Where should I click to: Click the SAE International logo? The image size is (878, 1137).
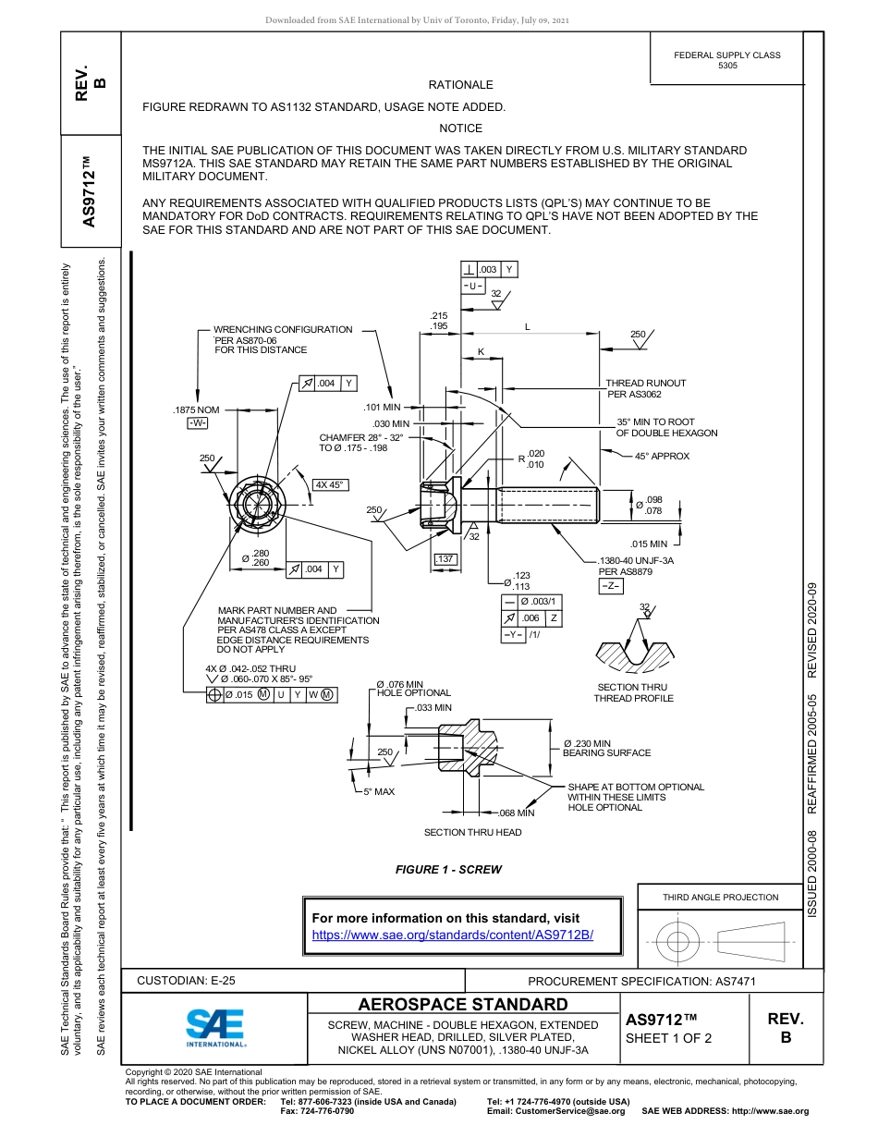[214, 1027]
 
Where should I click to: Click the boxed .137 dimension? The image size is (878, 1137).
[445, 559]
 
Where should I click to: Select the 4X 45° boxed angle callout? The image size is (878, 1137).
[329, 485]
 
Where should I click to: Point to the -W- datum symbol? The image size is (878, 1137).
[198, 423]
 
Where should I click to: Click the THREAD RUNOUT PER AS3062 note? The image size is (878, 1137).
[646, 388]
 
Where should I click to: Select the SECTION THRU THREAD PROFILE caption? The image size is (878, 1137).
[633, 692]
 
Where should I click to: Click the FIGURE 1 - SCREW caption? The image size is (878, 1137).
[448, 869]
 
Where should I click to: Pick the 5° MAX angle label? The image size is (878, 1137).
[379, 792]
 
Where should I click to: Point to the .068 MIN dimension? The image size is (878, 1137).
[517, 813]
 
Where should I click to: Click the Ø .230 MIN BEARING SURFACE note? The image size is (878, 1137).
[606, 748]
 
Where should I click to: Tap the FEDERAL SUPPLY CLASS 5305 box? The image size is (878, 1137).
[726, 60]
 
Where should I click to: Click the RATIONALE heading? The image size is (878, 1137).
[460, 85]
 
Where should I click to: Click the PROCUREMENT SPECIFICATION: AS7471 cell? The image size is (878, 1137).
[641, 982]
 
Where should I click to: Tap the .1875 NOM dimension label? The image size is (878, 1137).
[196, 410]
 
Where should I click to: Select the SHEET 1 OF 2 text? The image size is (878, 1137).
[668, 1038]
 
